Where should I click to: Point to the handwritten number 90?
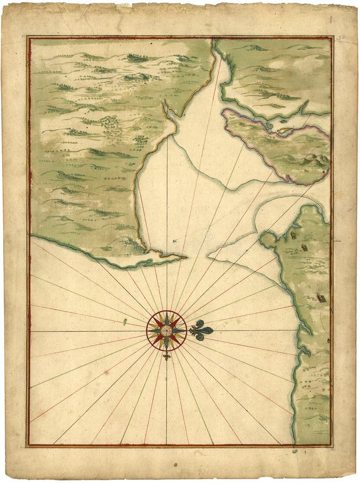342,38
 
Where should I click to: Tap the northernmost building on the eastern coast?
293,233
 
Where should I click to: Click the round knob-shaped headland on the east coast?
267,239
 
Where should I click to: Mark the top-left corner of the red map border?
28,38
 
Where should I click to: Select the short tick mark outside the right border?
337,241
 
